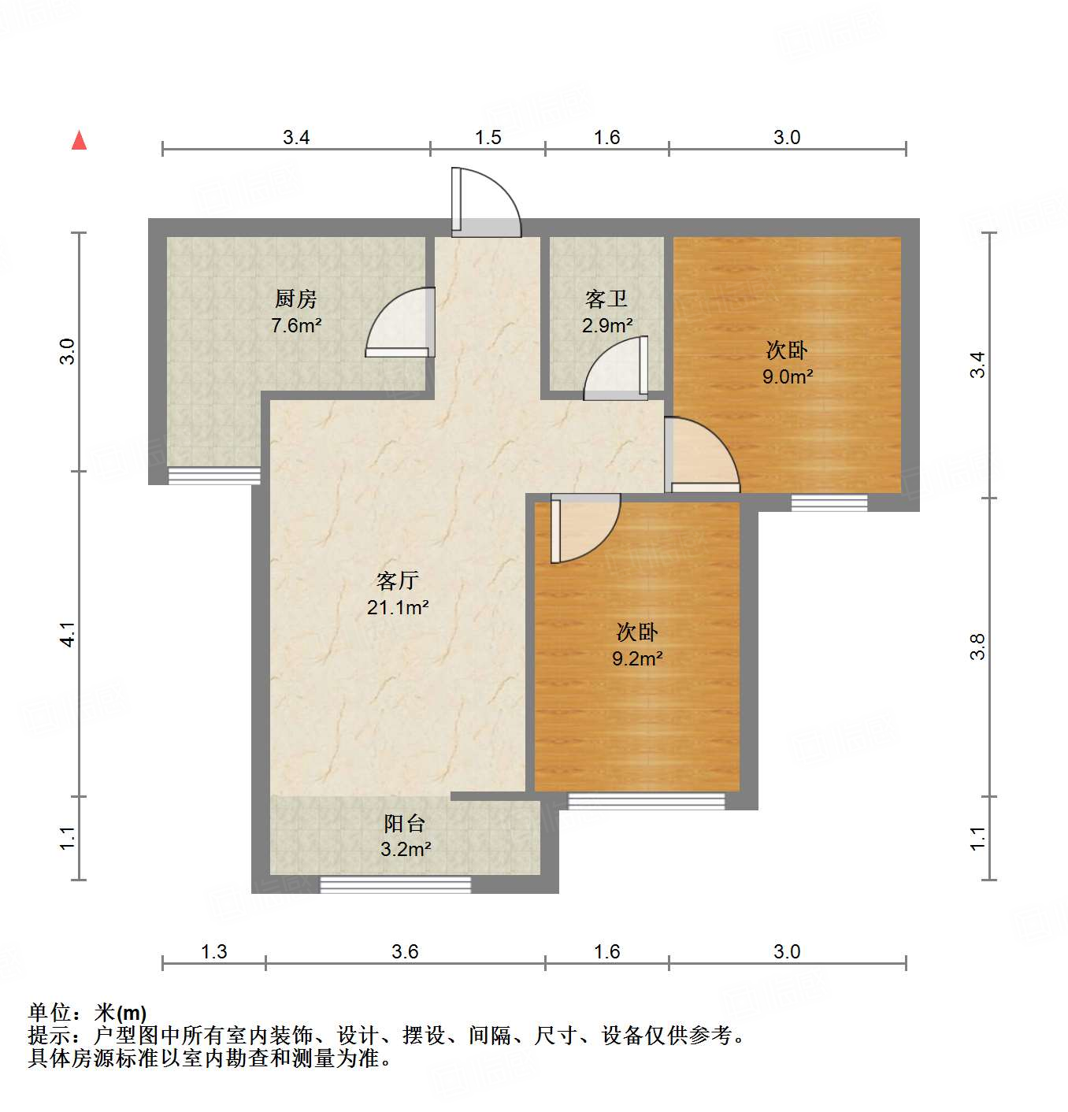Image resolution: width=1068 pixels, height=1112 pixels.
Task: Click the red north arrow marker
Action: pos(79,140)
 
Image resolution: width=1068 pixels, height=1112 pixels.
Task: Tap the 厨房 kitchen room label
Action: pos(296,299)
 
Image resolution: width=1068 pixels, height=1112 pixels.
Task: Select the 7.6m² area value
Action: pos(296,325)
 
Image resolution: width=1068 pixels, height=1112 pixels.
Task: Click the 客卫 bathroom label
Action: pos(606,299)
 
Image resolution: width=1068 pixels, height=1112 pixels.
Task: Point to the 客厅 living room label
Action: pos(397,581)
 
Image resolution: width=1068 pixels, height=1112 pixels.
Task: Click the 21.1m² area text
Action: pos(398,607)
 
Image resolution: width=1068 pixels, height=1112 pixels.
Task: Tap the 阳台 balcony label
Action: pos(405,824)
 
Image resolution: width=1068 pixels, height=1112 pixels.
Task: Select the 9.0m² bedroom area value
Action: pos(787,376)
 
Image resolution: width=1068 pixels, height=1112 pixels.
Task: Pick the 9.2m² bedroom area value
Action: pos(637,658)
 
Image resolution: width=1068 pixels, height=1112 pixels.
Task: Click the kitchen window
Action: pos(214,476)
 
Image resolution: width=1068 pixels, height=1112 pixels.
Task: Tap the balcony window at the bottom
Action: pos(395,884)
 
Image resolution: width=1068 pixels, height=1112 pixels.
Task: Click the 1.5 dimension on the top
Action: pos(488,138)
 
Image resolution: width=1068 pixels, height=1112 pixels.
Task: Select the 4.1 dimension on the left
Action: pos(69,634)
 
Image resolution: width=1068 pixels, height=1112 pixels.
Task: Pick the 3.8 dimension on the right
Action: pos(977,647)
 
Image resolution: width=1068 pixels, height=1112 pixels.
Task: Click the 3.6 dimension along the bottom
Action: pos(405,951)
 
